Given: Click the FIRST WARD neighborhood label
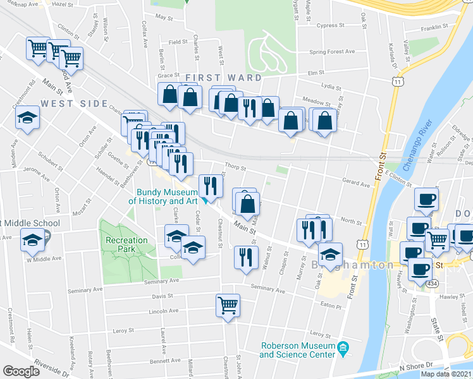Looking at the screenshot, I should pos(223,78).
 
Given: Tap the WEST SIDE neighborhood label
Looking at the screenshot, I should pos(71,103).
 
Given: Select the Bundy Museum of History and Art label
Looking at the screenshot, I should pos(164,196).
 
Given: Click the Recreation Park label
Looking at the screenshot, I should pos(126,244).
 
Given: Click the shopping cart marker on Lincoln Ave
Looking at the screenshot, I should pos(228,305).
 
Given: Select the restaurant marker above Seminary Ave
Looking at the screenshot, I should pos(245,256).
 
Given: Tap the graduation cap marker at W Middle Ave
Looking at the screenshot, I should pos(32,240).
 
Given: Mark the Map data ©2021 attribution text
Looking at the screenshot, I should pos(446,374).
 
